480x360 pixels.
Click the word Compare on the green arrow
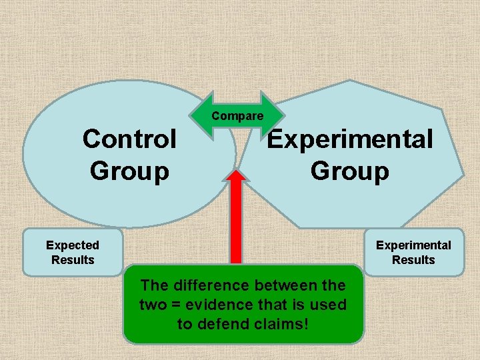[237, 116]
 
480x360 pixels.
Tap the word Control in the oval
[129, 140]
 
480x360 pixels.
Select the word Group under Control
[129, 171]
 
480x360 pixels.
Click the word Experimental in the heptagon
[350, 140]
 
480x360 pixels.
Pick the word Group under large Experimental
[349, 171]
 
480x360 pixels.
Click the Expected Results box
[73, 252]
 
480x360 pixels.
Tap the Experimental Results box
[413, 252]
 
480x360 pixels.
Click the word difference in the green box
[205, 285]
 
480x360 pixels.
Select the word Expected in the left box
[73, 245]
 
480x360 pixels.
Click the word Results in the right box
[413, 260]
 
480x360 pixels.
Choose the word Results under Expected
[73, 260]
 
